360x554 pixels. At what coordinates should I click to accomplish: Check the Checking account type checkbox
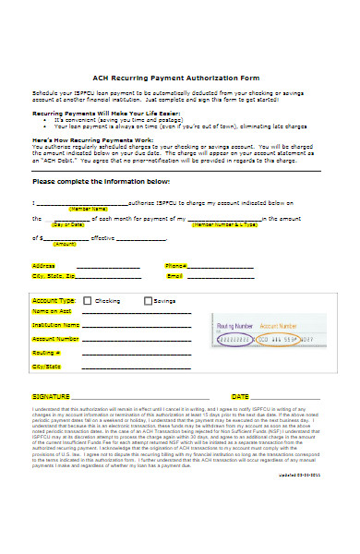point(88,301)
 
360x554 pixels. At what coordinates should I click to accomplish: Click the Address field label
point(42,265)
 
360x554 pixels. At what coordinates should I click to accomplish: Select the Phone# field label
point(176,265)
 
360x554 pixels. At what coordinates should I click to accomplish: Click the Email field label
point(174,276)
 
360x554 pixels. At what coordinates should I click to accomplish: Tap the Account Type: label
point(54,301)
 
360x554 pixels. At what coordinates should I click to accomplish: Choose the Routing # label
point(46,352)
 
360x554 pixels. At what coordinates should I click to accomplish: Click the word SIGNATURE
point(51,395)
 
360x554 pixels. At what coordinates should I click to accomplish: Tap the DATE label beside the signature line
point(240,395)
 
